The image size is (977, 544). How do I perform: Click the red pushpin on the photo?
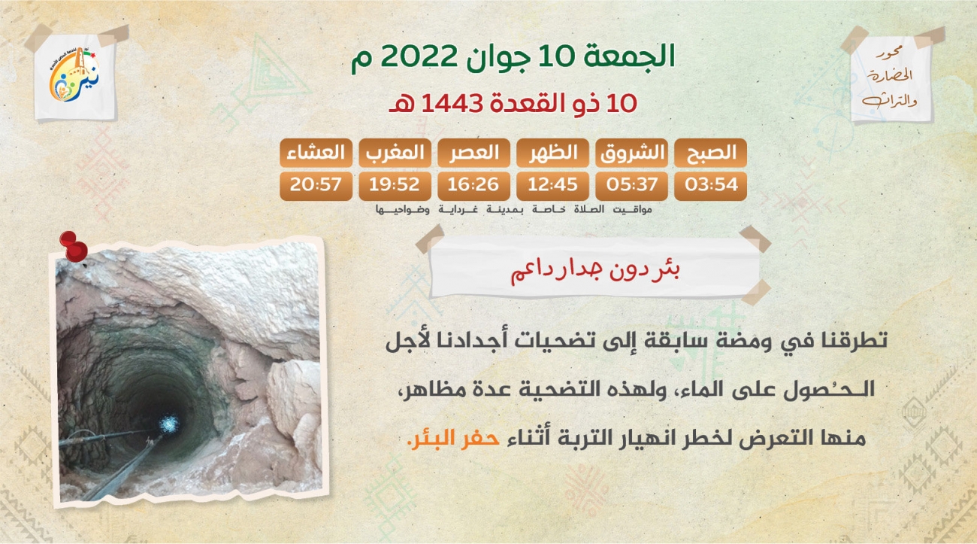[x=74, y=247]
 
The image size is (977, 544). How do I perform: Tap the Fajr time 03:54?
[x=710, y=184]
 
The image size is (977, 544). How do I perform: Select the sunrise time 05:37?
[x=631, y=184]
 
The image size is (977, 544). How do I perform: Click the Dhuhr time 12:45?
[x=552, y=184]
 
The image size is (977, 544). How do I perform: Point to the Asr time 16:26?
[x=473, y=184]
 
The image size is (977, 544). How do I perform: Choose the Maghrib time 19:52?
[x=395, y=184]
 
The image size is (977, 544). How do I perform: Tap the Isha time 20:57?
[x=316, y=184]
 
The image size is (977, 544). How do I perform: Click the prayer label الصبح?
[x=711, y=153]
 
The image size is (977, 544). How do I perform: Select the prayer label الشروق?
[x=632, y=153]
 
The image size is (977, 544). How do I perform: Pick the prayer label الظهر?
[x=553, y=153]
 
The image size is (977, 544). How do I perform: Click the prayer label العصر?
[x=474, y=153]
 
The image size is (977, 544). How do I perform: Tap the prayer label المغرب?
[x=395, y=153]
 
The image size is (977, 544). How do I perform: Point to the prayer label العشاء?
[x=316, y=153]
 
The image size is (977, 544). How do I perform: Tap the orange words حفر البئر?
[x=454, y=438]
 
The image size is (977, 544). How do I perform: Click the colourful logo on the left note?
[x=74, y=75]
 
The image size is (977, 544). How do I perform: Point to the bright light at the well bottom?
[x=168, y=424]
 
